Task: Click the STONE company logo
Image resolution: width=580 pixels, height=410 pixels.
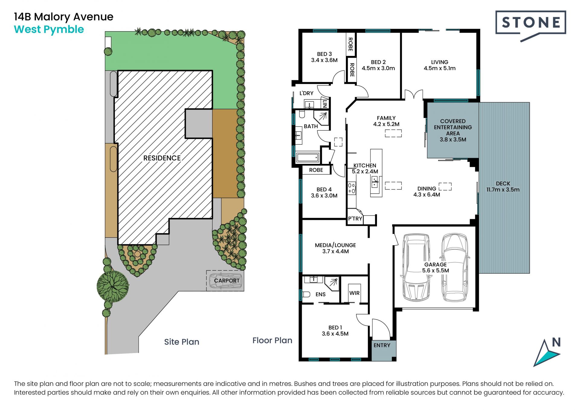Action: coord(530,25)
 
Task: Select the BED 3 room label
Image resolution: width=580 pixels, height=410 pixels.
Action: coord(324,54)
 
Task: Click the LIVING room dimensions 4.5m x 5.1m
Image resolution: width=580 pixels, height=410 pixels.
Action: coord(440,68)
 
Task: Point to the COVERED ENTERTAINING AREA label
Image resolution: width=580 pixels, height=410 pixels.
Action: coord(453,127)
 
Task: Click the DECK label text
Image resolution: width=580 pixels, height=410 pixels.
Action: coord(503,184)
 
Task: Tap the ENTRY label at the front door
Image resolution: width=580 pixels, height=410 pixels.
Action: coord(382,345)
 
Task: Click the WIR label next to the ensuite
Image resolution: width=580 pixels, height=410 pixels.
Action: coord(354,293)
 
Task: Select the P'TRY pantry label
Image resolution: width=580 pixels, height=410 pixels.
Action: coord(355,219)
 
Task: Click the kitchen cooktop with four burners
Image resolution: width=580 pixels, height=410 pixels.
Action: coord(352,188)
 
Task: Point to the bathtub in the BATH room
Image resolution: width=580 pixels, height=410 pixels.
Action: coord(308,158)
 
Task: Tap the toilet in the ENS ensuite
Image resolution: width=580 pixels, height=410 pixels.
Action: coord(306,294)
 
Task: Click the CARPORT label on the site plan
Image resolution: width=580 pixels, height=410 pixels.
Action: coord(227,281)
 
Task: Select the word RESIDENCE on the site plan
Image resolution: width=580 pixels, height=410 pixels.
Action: coord(162,158)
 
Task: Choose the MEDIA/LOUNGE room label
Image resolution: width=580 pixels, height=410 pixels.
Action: coord(335,245)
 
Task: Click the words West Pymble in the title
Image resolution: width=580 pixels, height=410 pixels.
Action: coord(49,30)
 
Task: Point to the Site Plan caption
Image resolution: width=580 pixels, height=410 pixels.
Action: coord(182,342)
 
